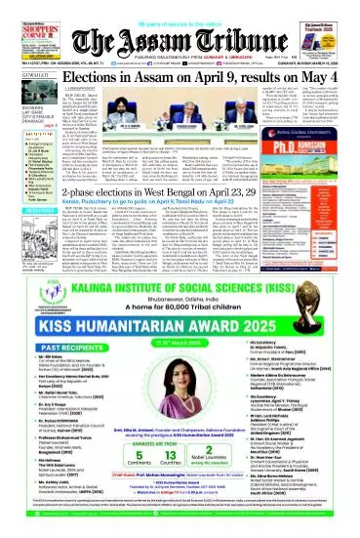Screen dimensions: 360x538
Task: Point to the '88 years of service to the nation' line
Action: click(179, 7)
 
